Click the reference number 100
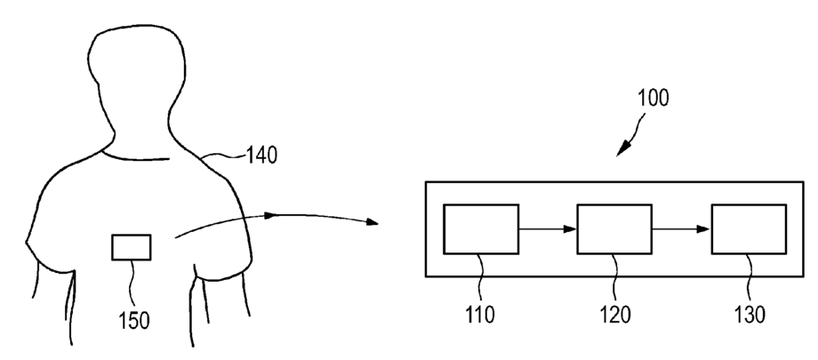pos(654,98)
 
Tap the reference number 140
pos(259,156)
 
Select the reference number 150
pos(135,318)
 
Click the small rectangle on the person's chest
pos(131,246)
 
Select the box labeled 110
pos(481,229)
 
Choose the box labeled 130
pos(748,229)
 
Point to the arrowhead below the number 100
pos(622,147)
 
